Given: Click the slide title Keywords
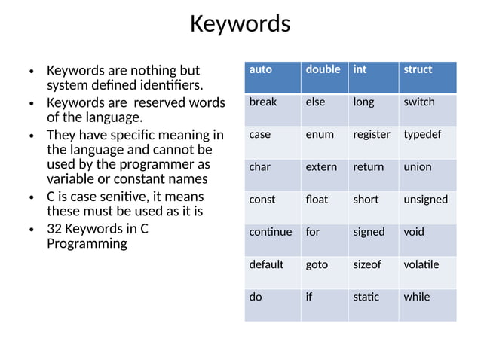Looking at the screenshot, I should (240, 24).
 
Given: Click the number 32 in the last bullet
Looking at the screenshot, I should (54, 228).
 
